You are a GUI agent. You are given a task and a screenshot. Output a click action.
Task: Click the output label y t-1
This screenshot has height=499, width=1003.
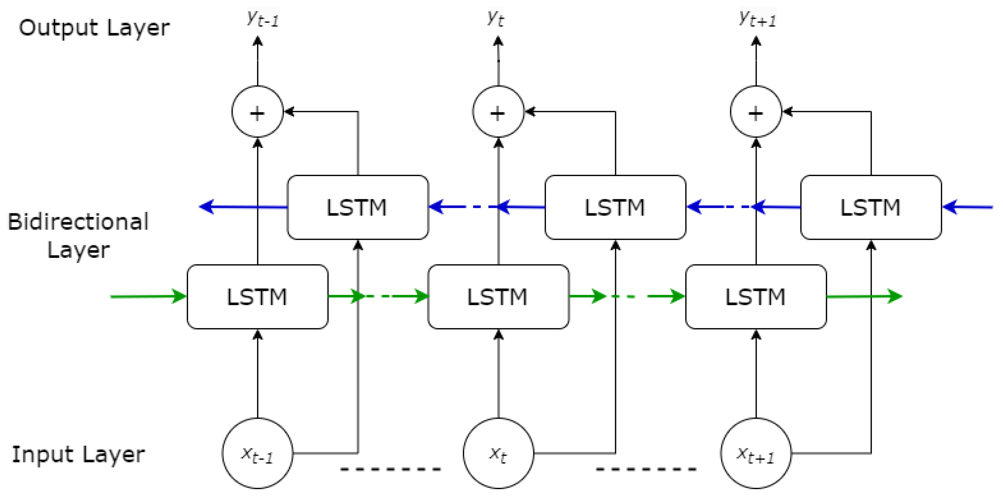[263, 18]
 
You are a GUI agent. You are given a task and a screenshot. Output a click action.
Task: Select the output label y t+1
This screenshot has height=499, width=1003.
[757, 18]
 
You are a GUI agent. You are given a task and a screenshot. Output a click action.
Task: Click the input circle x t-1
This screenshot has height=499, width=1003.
[257, 453]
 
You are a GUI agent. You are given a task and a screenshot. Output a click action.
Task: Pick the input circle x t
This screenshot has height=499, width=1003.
[498, 453]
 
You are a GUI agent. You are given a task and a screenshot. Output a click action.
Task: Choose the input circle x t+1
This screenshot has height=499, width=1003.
[756, 453]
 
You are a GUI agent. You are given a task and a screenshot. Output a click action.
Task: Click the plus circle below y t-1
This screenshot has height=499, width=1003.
[257, 112]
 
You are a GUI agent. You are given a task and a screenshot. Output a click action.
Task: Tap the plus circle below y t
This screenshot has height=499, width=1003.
[498, 112]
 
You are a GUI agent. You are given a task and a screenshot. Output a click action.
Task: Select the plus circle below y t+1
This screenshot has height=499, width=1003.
[756, 112]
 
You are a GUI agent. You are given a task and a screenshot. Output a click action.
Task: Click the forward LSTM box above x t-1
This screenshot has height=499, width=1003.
[257, 297]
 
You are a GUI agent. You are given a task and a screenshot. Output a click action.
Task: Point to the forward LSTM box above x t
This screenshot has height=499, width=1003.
[498, 297]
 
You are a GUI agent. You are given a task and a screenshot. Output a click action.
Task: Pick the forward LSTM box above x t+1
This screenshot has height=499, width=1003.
[756, 297]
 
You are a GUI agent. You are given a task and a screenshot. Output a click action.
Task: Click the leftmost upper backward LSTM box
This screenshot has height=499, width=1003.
[358, 207]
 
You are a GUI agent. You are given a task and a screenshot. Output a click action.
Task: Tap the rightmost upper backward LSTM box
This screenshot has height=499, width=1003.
[871, 207]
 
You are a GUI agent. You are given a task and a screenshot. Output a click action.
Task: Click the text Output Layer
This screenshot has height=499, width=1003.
[94, 28]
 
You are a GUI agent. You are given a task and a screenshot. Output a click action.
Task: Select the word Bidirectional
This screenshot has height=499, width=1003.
[78, 222]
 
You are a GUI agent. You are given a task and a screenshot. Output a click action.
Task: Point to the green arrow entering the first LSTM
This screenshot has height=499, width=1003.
[148, 297]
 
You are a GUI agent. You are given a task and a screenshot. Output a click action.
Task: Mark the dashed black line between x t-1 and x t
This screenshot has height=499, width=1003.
[391, 469]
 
